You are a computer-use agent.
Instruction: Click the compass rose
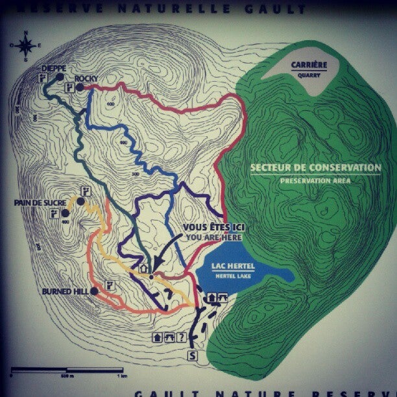(x=26, y=45)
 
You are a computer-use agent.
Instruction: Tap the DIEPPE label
(x=53, y=68)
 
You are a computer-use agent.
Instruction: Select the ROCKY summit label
(x=86, y=78)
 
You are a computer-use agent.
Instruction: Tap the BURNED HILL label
(x=65, y=291)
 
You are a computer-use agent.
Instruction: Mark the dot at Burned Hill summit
(x=95, y=291)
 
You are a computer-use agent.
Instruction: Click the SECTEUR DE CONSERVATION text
(x=315, y=167)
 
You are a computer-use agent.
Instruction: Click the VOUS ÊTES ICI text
(x=212, y=228)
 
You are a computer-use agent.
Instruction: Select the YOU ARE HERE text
(x=213, y=237)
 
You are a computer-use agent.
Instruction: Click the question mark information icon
(x=182, y=337)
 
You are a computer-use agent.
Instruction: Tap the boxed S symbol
(x=192, y=355)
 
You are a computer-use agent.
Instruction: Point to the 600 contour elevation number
(x=111, y=104)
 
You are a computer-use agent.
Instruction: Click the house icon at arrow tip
(x=143, y=267)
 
